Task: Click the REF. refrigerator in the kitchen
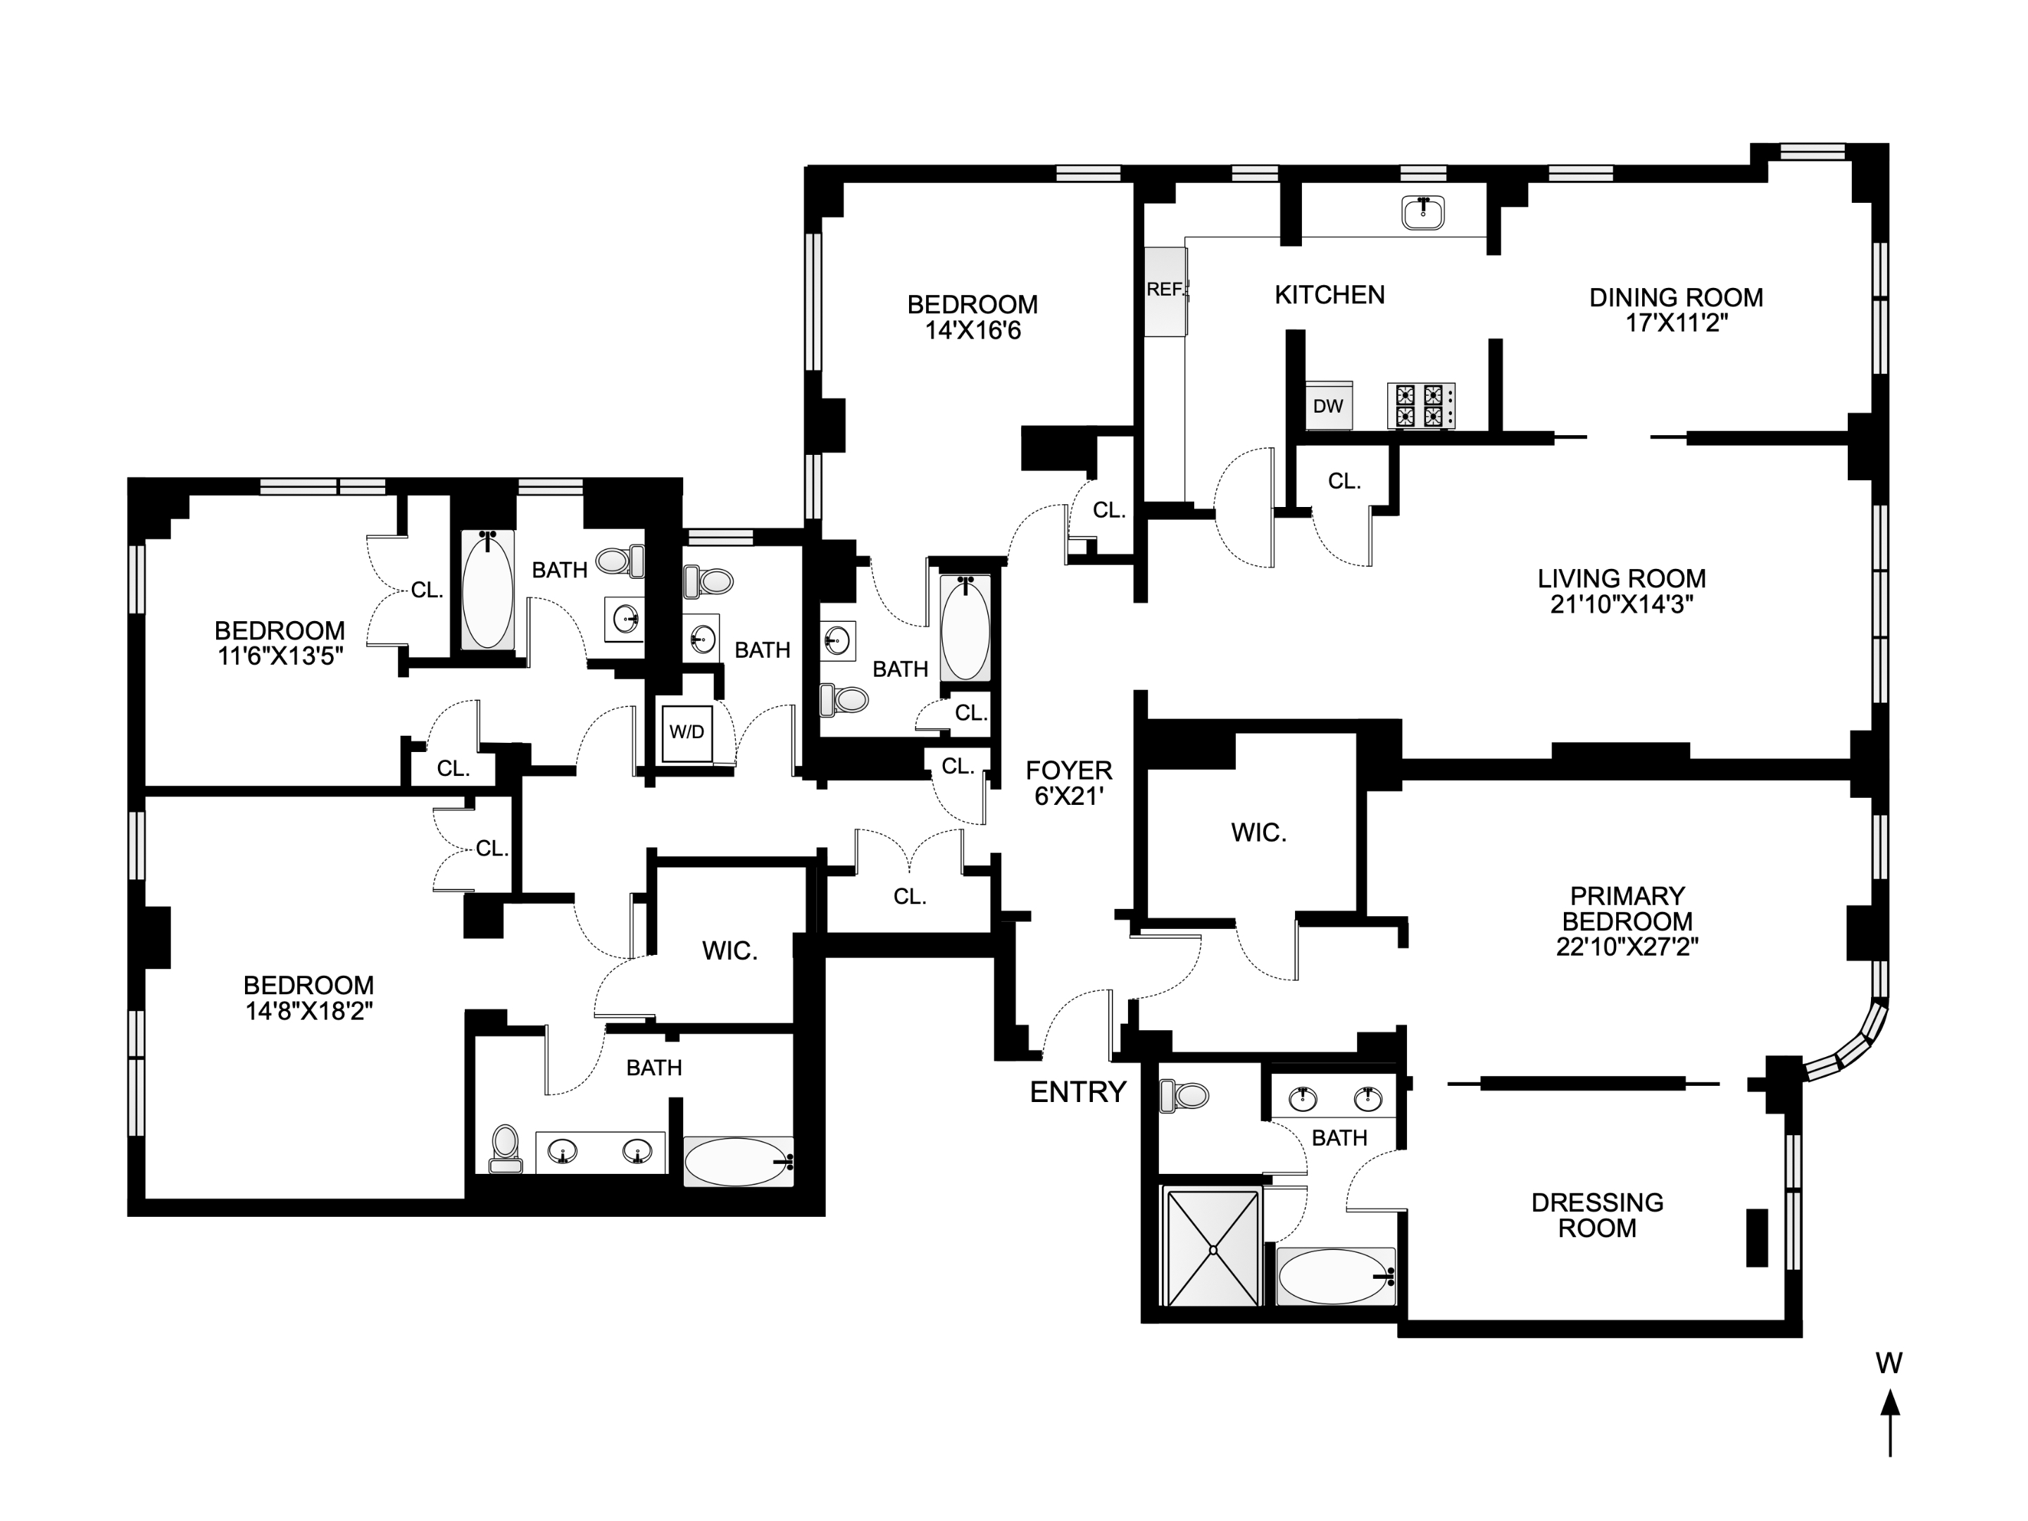[1165, 291]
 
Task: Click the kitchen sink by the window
[1423, 213]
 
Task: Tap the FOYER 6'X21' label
[1068, 783]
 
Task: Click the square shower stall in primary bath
[1211, 1245]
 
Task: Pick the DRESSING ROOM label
[1597, 1215]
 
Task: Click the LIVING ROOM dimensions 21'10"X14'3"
[1621, 604]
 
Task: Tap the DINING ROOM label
[1676, 297]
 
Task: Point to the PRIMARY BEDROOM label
[1627, 908]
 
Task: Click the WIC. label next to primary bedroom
[1259, 832]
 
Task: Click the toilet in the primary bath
[1184, 1096]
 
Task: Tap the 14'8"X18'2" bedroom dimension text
[308, 1011]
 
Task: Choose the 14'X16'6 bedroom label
[972, 317]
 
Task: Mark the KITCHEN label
[1329, 294]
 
